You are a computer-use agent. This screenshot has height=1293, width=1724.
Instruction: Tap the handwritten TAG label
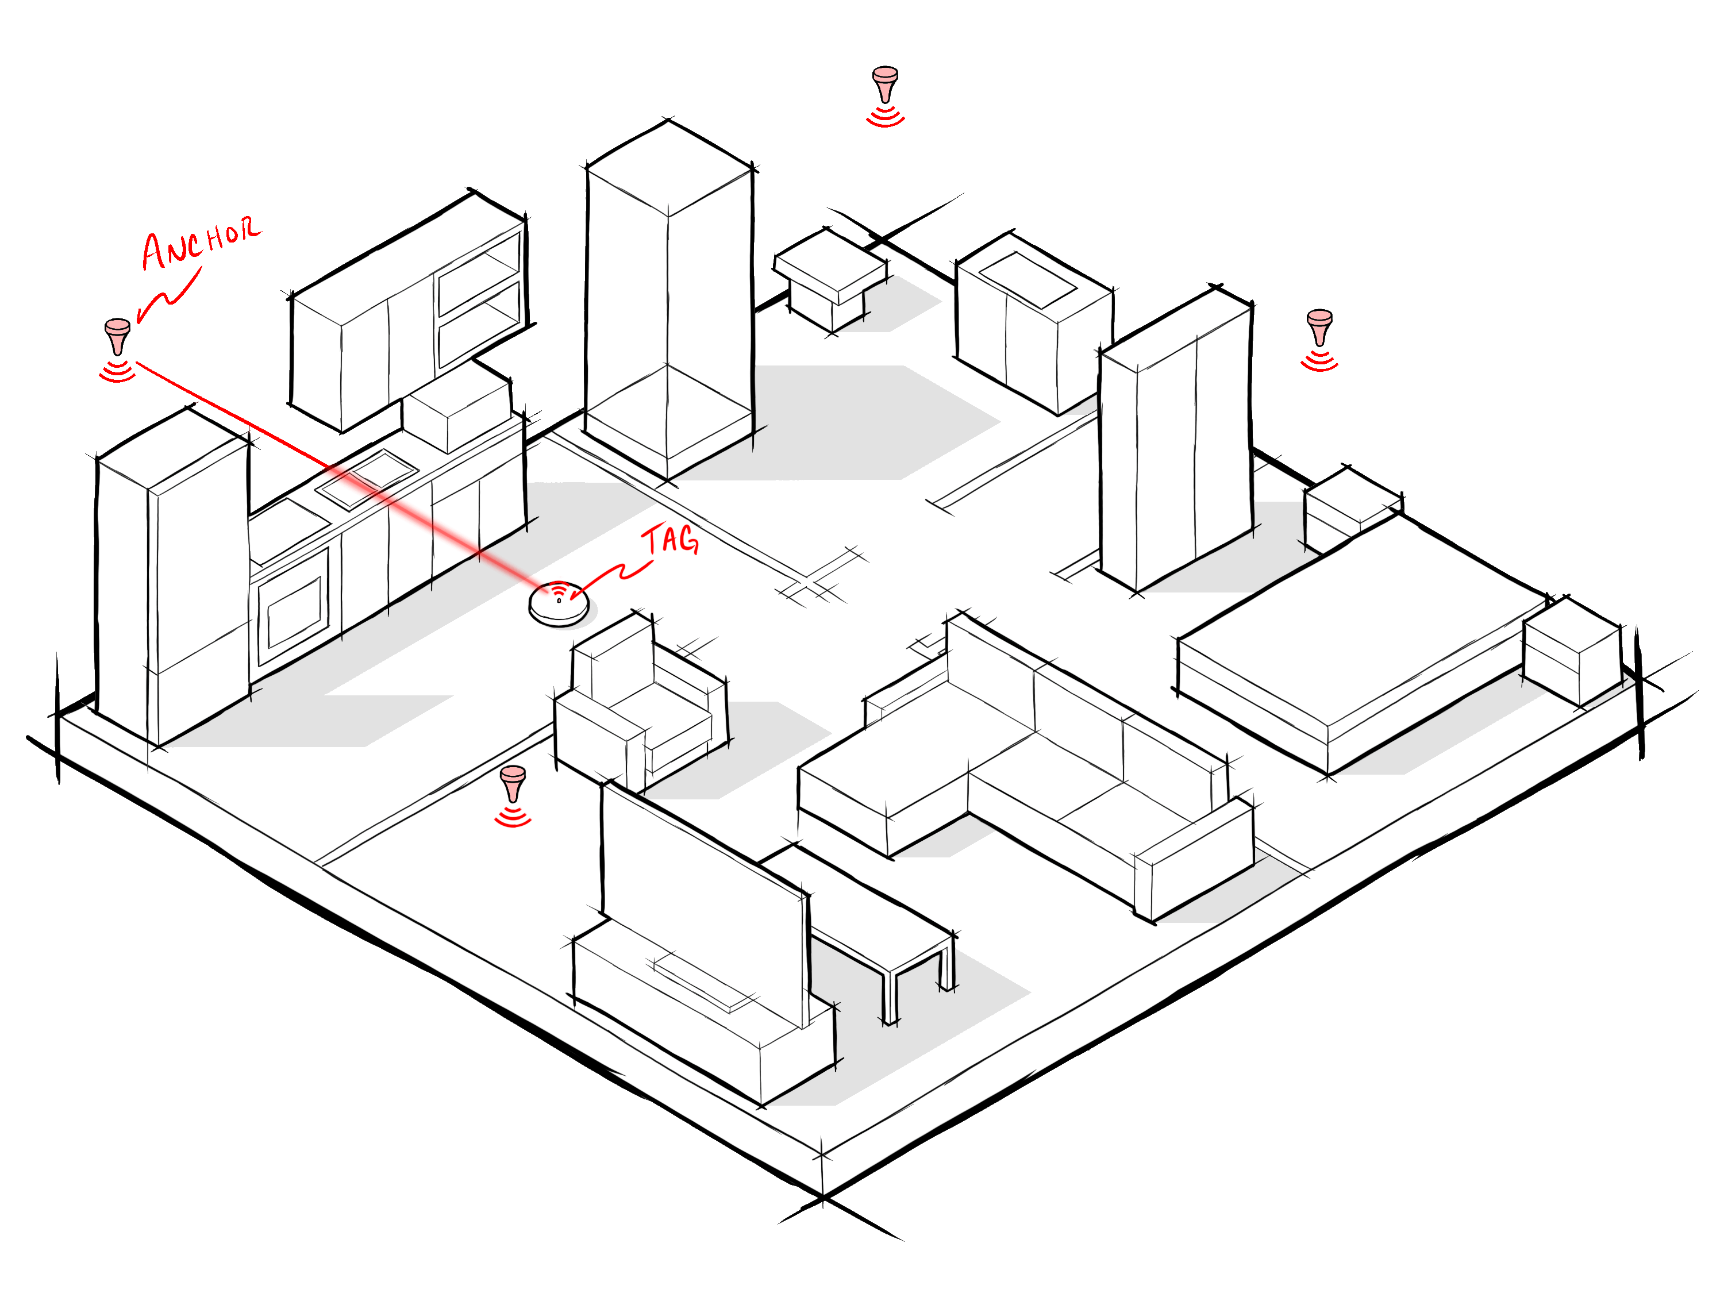pyautogui.click(x=669, y=540)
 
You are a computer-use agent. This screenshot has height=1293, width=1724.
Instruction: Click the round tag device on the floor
pyautogui.click(x=559, y=603)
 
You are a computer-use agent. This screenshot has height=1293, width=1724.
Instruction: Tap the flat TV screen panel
pyautogui.click(x=702, y=896)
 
